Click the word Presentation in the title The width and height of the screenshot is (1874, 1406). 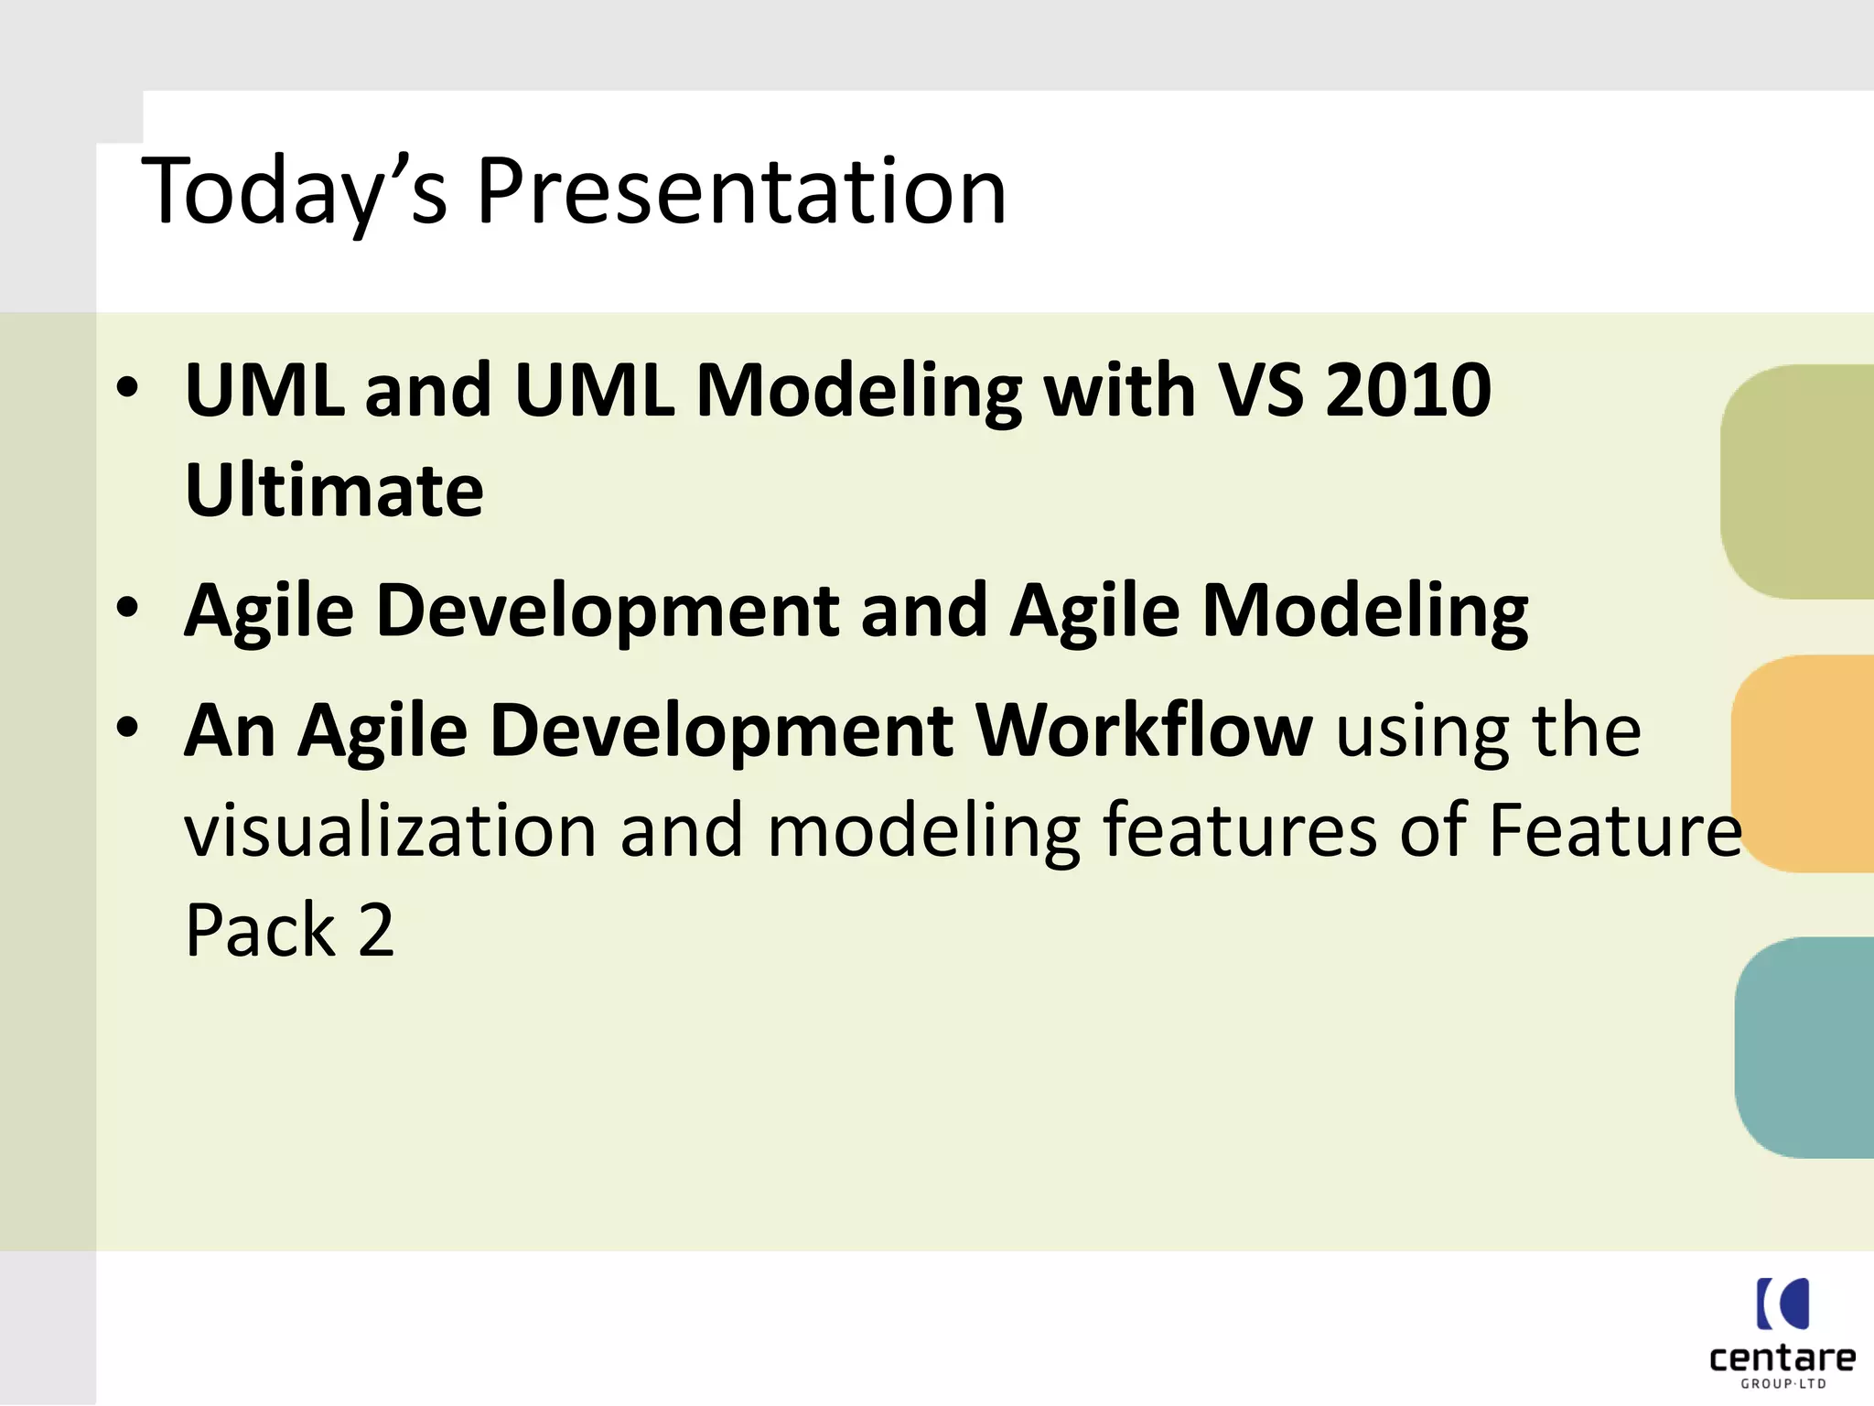tap(741, 192)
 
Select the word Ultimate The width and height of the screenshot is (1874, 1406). tap(334, 492)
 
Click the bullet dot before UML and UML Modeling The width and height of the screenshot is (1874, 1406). tap(127, 387)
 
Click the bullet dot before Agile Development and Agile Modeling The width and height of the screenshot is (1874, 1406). tap(127, 607)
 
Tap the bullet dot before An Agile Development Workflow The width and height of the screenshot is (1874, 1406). tap(127, 728)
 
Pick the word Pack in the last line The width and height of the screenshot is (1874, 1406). tap(261, 931)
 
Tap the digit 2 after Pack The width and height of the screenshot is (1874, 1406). tap(376, 931)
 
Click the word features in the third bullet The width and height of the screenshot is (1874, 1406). tap(1240, 830)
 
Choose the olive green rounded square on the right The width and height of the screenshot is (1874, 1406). tap(1798, 482)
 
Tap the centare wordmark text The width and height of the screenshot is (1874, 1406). tap(1782, 1357)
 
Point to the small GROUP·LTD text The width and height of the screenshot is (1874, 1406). tap(1782, 1384)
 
